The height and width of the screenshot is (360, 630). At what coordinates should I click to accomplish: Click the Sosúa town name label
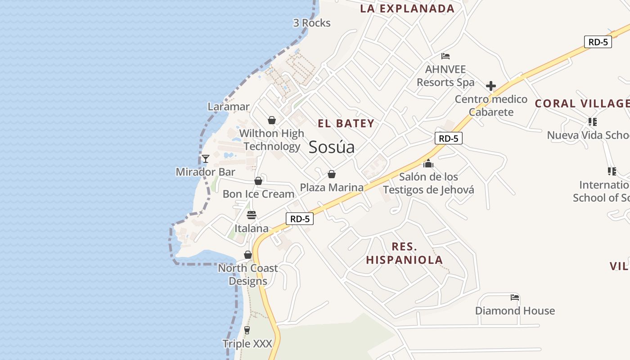point(332,147)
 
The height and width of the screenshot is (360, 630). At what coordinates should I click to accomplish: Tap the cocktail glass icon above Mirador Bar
point(206,158)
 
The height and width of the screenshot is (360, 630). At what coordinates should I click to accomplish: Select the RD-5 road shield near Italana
point(300,219)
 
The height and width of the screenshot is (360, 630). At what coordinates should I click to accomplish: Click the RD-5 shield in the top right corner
point(598,42)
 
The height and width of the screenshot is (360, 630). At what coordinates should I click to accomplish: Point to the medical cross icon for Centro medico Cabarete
point(491,86)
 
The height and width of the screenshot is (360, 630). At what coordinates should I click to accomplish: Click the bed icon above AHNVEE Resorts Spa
point(445,56)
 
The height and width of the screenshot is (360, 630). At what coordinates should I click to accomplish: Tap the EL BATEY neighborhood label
point(346,123)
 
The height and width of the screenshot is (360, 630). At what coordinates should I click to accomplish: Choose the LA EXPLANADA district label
point(407,9)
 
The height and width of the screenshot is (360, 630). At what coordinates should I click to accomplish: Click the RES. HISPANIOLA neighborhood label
point(404,253)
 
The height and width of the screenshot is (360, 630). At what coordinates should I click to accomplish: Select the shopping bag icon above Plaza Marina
point(332,174)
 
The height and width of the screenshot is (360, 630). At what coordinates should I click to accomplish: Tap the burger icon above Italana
point(252,215)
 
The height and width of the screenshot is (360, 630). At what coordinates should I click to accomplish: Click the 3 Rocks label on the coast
point(312,23)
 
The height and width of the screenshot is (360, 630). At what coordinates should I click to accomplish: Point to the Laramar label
point(229,107)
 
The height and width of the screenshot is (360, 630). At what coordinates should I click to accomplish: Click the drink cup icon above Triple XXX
point(247,330)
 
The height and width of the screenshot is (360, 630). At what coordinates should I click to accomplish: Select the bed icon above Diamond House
point(515,297)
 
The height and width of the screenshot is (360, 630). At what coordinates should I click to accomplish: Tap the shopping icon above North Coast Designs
point(247,255)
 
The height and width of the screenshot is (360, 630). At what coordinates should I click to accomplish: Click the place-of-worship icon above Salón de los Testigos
point(428,163)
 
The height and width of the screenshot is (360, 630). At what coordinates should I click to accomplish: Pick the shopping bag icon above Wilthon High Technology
point(272,120)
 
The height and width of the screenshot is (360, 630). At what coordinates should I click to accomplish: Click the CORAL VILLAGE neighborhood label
point(581,103)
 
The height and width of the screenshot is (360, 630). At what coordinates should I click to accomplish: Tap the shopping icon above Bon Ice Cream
point(258,181)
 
